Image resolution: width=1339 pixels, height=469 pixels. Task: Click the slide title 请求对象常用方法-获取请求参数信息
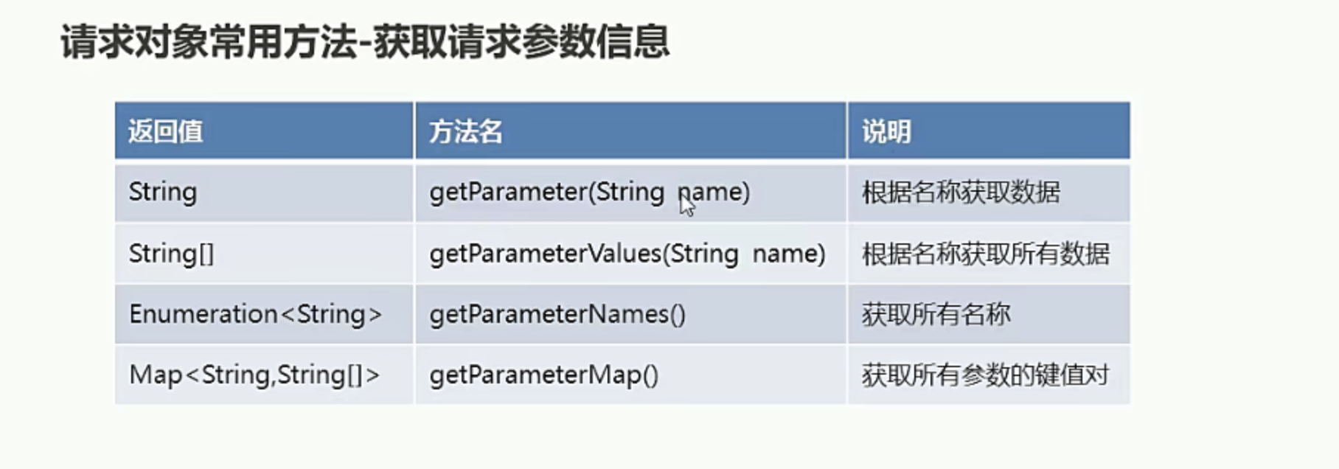[365, 41]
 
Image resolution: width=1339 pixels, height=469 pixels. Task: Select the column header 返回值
[166, 132]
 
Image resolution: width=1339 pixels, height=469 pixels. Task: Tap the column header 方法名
[466, 132]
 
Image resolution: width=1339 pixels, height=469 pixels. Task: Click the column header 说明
[887, 132]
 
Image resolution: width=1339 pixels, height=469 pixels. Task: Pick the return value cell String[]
[171, 254]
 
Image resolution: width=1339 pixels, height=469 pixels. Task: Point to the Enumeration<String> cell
[256, 314]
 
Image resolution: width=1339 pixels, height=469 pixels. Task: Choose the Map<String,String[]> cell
[254, 375]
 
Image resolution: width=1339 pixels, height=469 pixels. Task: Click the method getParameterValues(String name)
[627, 254]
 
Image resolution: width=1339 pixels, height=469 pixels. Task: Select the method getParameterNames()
[557, 314]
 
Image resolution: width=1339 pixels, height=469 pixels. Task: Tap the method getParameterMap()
[544, 375]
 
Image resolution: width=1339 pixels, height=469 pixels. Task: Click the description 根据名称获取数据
[961, 192]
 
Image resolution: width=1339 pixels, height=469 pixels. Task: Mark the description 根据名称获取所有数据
[986, 254]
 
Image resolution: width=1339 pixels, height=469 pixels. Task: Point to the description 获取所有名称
[936, 314]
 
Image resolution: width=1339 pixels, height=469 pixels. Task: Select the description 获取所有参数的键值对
[986, 375]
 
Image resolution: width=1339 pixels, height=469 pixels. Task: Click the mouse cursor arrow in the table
[686, 204]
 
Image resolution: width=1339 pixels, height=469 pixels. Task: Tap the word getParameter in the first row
[508, 192]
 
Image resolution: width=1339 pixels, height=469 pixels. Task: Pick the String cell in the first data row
[163, 192]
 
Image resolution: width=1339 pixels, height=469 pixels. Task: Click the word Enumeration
[204, 314]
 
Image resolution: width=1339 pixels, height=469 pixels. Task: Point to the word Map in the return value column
[156, 375]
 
